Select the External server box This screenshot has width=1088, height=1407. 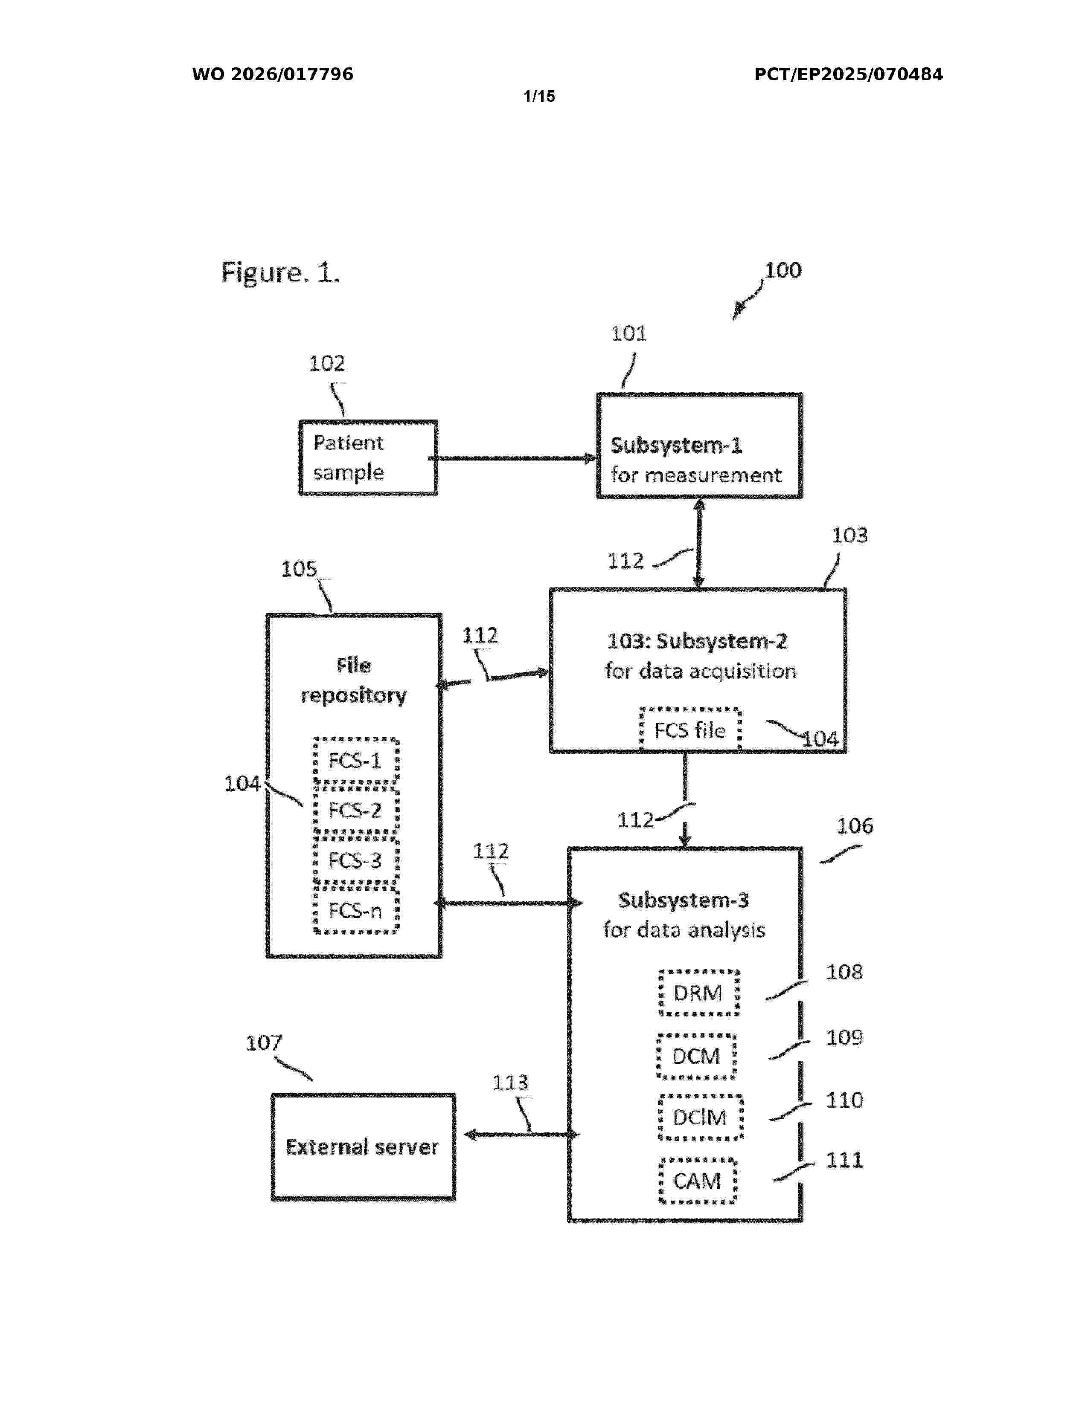(x=363, y=1147)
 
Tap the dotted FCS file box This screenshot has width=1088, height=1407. (x=689, y=730)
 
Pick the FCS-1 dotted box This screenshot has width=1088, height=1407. (x=355, y=760)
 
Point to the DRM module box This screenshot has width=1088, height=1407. (x=698, y=993)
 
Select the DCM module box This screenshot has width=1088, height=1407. (x=696, y=1056)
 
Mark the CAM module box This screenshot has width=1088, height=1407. (x=698, y=1180)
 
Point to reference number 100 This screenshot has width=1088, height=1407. (x=783, y=270)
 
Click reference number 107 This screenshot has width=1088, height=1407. (x=264, y=1042)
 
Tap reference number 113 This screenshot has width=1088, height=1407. (x=510, y=1082)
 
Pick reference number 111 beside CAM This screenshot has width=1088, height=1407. (x=844, y=1160)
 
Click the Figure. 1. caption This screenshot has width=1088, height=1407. (x=280, y=272)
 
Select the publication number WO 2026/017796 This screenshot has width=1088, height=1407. (x=273, y=74)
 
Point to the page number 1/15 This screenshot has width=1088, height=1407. (x=539, y=97)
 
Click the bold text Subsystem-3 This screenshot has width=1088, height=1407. (x=684, y=900)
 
